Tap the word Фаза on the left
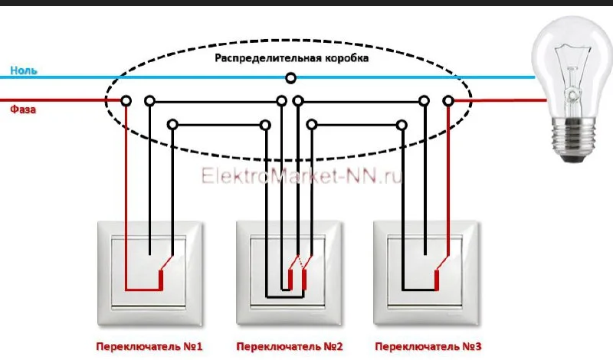tap(23, 110)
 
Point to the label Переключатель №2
tap(290, 347)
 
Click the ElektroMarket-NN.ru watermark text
tap(302, 177)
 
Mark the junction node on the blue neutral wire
tap(290, 77)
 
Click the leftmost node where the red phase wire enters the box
tap(126, 100)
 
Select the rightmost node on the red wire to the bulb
tap(449, 100)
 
